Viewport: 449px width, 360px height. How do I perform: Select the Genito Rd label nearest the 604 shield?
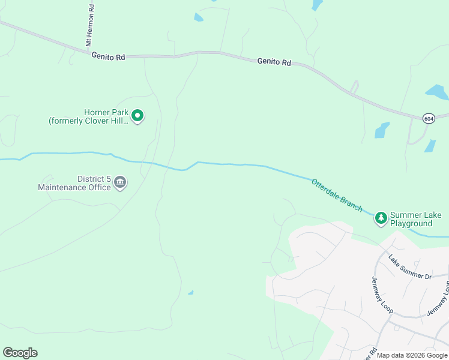point(274,61)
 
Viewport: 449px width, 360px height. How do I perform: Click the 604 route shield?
point(428,118)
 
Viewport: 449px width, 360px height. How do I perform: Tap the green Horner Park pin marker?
point(137,115)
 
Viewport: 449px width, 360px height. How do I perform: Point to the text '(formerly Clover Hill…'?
point(88,121)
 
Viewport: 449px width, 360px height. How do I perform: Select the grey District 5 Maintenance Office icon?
point(120,182)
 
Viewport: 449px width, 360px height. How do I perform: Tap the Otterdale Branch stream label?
point(337,194)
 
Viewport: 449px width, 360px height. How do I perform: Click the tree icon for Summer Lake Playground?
point(381,218)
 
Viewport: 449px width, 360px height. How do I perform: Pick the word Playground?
point(411,224)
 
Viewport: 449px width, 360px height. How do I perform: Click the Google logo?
point(20,353)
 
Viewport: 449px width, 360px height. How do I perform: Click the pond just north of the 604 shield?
point(437,92)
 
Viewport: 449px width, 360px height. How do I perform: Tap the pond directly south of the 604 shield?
point(430,146)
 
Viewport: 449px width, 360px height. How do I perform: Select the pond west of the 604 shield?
point(382,130)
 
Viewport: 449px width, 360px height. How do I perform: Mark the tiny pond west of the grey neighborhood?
point(191,293)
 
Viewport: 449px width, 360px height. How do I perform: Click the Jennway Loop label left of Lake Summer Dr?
point(382,293)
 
